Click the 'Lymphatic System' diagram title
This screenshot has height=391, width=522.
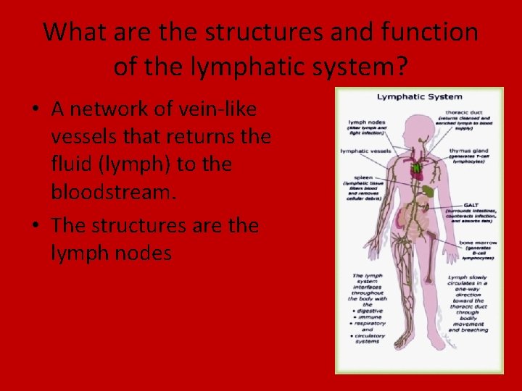tap(418, 98)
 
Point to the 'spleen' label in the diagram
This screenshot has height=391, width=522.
tap(363, 177)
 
